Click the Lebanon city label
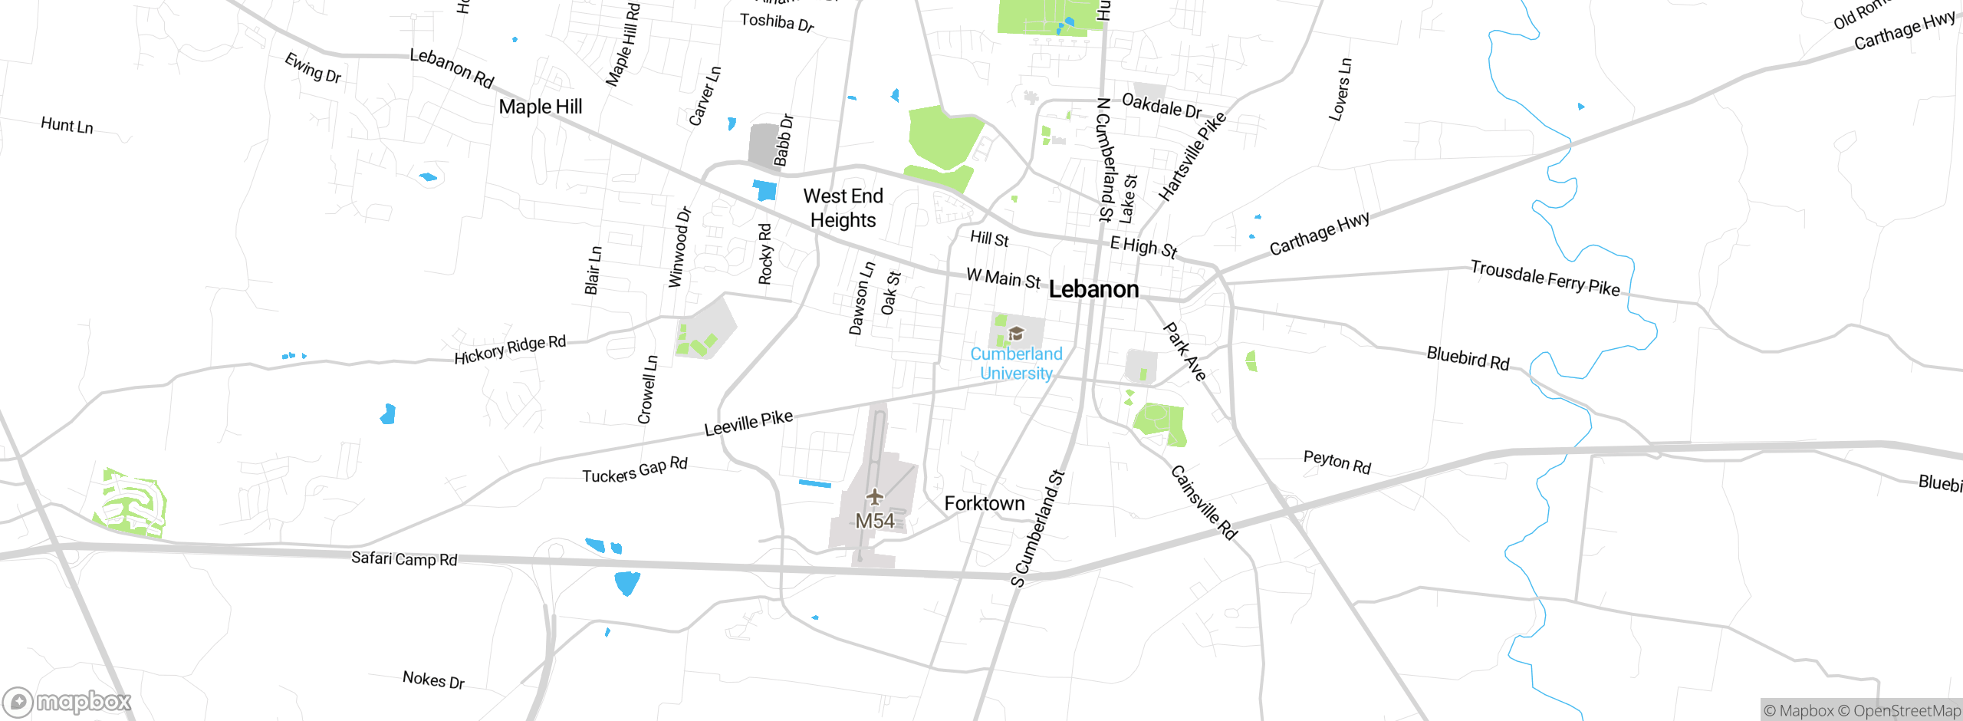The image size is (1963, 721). click(1093, 289)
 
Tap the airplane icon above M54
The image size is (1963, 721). click(874, 497)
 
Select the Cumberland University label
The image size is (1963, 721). click(1016, 364)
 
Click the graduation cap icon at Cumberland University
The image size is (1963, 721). click(1016, 334)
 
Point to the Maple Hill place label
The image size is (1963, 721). click(540, 107)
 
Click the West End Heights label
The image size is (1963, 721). click(843, 208)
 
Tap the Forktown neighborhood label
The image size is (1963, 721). click(984, 504)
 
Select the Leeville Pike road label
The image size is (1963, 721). click(748, 423)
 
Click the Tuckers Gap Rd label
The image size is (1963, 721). click(635, 470)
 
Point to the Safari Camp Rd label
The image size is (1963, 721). click(404, 558)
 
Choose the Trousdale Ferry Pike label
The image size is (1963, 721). click(1544, 278)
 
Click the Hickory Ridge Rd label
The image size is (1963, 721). click(510, 349)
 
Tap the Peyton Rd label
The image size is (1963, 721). click(1337, 462)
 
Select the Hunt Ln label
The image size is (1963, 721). click(67, 125)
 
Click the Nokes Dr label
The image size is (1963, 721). click(433, 680)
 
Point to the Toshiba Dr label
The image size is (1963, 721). click(777, 22)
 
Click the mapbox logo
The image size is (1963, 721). click(67, 701)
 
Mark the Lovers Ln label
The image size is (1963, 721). click(1340, 90)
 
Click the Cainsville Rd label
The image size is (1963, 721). click(1203, 502)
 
